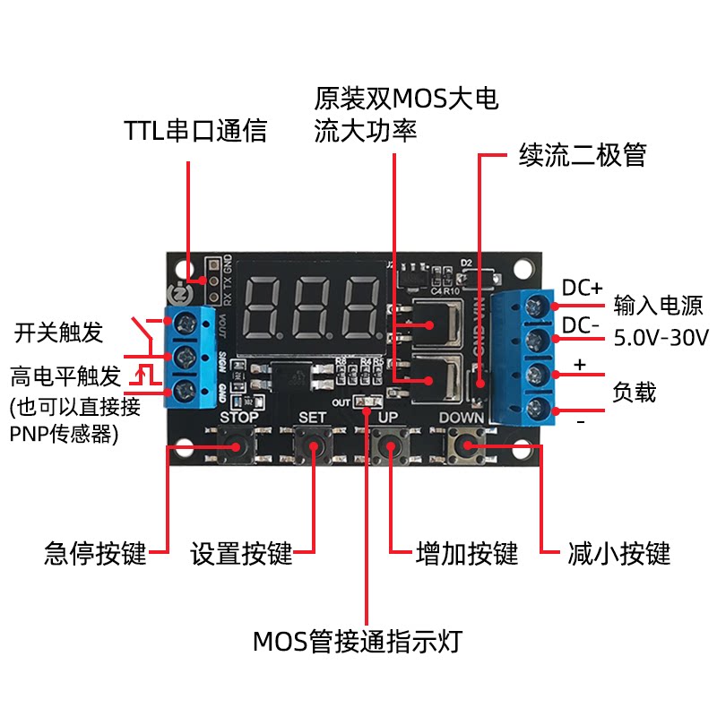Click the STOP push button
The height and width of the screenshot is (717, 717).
(239, 445)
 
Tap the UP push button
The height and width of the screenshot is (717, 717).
(388, 445)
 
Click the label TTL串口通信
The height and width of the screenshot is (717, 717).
(195, 131)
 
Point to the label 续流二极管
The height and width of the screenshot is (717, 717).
(583, 155)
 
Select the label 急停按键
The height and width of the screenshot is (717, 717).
(95, 553)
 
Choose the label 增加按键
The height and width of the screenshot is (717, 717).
(467, 553)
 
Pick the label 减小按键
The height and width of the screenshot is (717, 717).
(619, 553)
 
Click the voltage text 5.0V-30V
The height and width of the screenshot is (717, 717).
(661, 338)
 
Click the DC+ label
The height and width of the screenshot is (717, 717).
(583, 288)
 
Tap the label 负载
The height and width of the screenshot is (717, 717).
(635, 392)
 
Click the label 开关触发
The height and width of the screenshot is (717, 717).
(59, 333)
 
